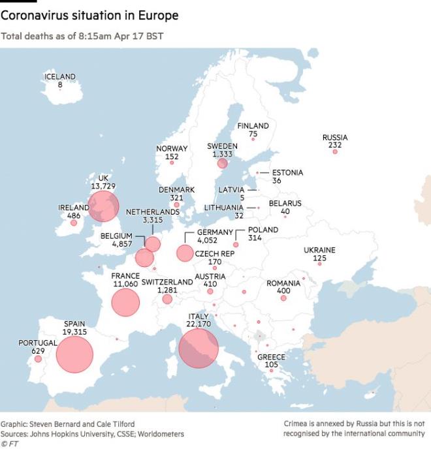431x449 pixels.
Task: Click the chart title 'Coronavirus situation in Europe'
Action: pos(89,14)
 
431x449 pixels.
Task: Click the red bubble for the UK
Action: pos(104,206)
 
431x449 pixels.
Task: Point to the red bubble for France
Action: pos(125,302)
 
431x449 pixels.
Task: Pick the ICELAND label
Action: pos(60,76)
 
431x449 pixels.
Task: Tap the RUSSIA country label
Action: pos(335,138)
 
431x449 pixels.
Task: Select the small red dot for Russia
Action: pos(335,151)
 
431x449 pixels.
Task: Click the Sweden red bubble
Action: pos(222,163)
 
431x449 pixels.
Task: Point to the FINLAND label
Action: pos(253,125)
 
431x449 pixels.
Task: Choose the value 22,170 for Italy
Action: pos(199,324)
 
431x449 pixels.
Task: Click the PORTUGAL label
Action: pos(38,343)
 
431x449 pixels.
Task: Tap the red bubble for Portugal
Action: pos(38,358)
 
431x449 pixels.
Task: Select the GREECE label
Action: pos(271,357)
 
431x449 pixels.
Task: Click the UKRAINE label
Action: pos(319,250)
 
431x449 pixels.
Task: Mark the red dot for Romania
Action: pos(283,298)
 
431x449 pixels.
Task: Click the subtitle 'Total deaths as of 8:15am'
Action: pos(82,35)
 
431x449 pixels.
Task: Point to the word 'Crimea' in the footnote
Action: pos(296,424)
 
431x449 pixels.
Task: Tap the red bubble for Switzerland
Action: pos(167,299)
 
